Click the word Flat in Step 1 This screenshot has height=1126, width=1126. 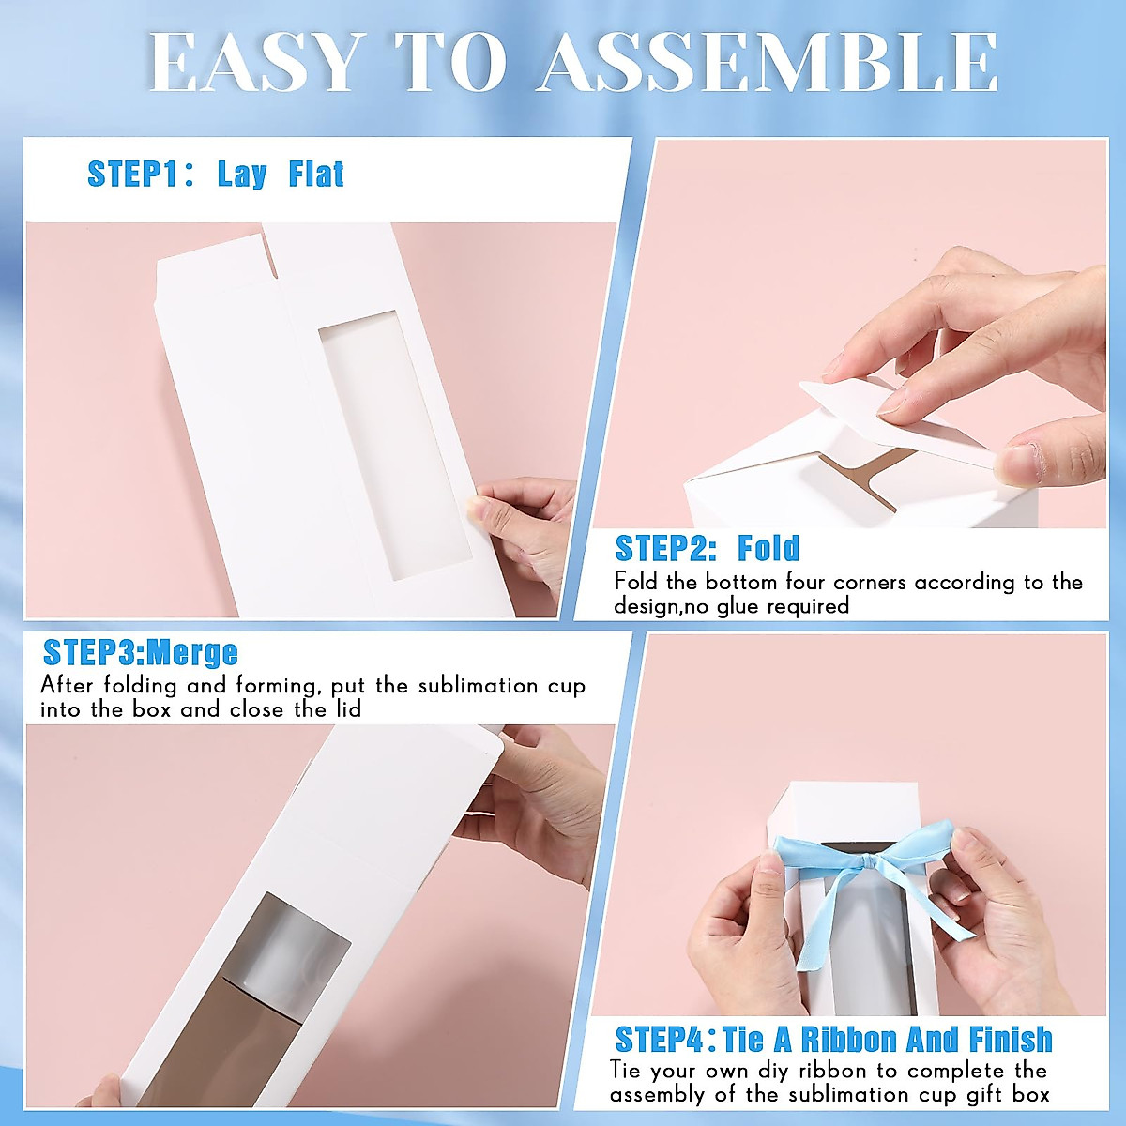pos(316,175)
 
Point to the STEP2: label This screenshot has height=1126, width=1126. pos(666,548)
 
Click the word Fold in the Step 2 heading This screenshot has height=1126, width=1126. pos(768,548)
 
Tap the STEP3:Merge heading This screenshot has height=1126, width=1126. pos(141,652)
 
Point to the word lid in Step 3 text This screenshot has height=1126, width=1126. pos(348,709)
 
